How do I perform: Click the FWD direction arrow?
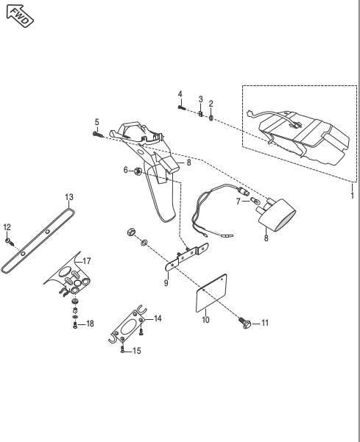[20, 15]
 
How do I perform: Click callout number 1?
[353, 196]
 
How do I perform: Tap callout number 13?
[69, 197]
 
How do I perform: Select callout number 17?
[87, 261]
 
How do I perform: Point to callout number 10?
[205, 320]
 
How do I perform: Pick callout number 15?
[136, 351]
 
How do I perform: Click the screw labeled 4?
[181, 107]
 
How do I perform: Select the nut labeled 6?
[138, 171]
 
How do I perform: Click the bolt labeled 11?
[245, 323]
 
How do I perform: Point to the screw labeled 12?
[10, 241]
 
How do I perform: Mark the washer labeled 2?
[211, 118]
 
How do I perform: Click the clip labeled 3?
[200, 114]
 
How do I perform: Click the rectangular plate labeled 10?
[211, 293]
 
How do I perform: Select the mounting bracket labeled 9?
[187, 257]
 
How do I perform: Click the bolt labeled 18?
[75, 326]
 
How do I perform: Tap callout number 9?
[166, 282]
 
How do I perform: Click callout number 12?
[7, 227]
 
